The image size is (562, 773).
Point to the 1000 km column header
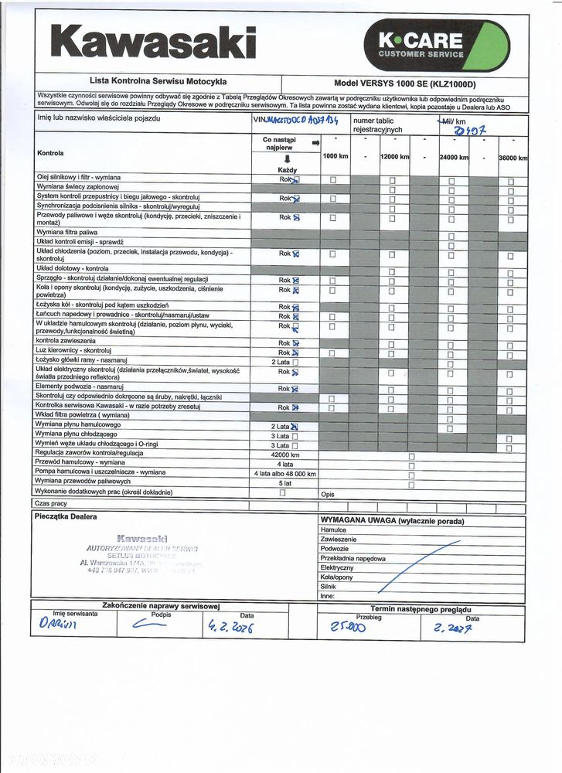tap(335, 157)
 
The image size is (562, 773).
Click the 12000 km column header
tap(393, 157)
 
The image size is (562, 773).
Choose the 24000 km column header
tap(453, 157)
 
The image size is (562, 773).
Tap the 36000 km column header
tap(512, 158)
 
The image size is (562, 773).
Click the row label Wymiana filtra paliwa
tap(67, 232)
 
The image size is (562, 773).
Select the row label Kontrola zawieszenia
tap(66, 340)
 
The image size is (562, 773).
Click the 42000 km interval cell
tap(284, 455)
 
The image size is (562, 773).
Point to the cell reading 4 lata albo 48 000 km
tap(284, 473)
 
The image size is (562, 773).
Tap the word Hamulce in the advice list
tap(333, 530)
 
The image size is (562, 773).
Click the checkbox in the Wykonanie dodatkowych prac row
tap(282, 492)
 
